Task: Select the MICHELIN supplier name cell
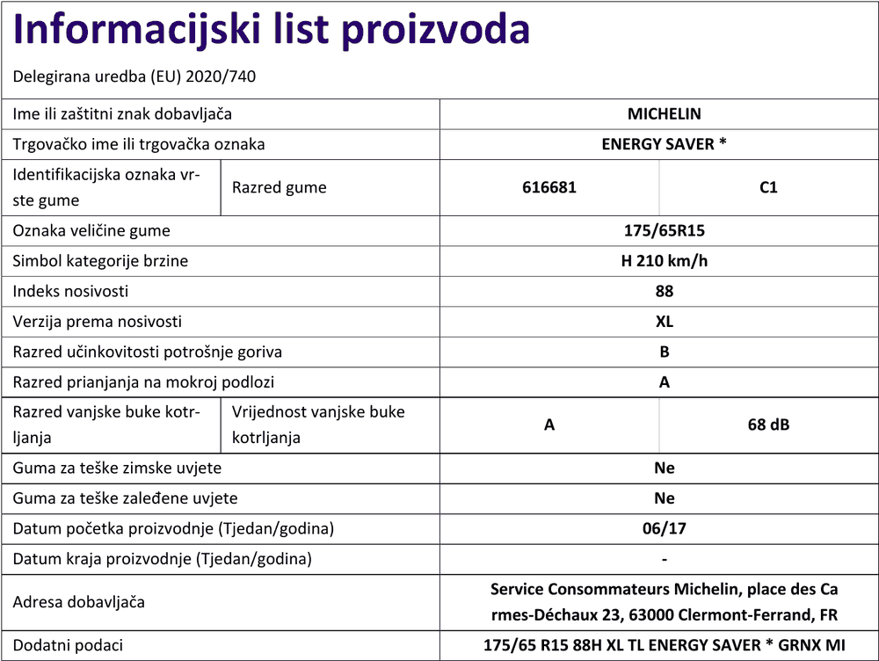pos(664,113)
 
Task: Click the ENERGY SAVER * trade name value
pos(664,144)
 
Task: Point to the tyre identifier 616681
pos(548,187)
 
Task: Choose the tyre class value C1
pos(767,187)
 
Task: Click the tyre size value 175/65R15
pos(664,231)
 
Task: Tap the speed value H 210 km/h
pos(664,261)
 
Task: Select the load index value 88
pos(664,291)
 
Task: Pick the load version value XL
pos(664,322)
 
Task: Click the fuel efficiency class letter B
pos(664,352)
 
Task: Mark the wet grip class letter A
pos(664,382)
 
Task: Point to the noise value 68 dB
pos(767,425)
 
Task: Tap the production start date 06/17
pos(664,529)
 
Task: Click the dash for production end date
pos(664,559)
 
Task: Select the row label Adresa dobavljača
pos(79,602)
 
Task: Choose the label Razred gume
pos(279,187)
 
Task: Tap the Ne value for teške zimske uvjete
pos(664,469)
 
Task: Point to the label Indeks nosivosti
pos(70,291)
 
